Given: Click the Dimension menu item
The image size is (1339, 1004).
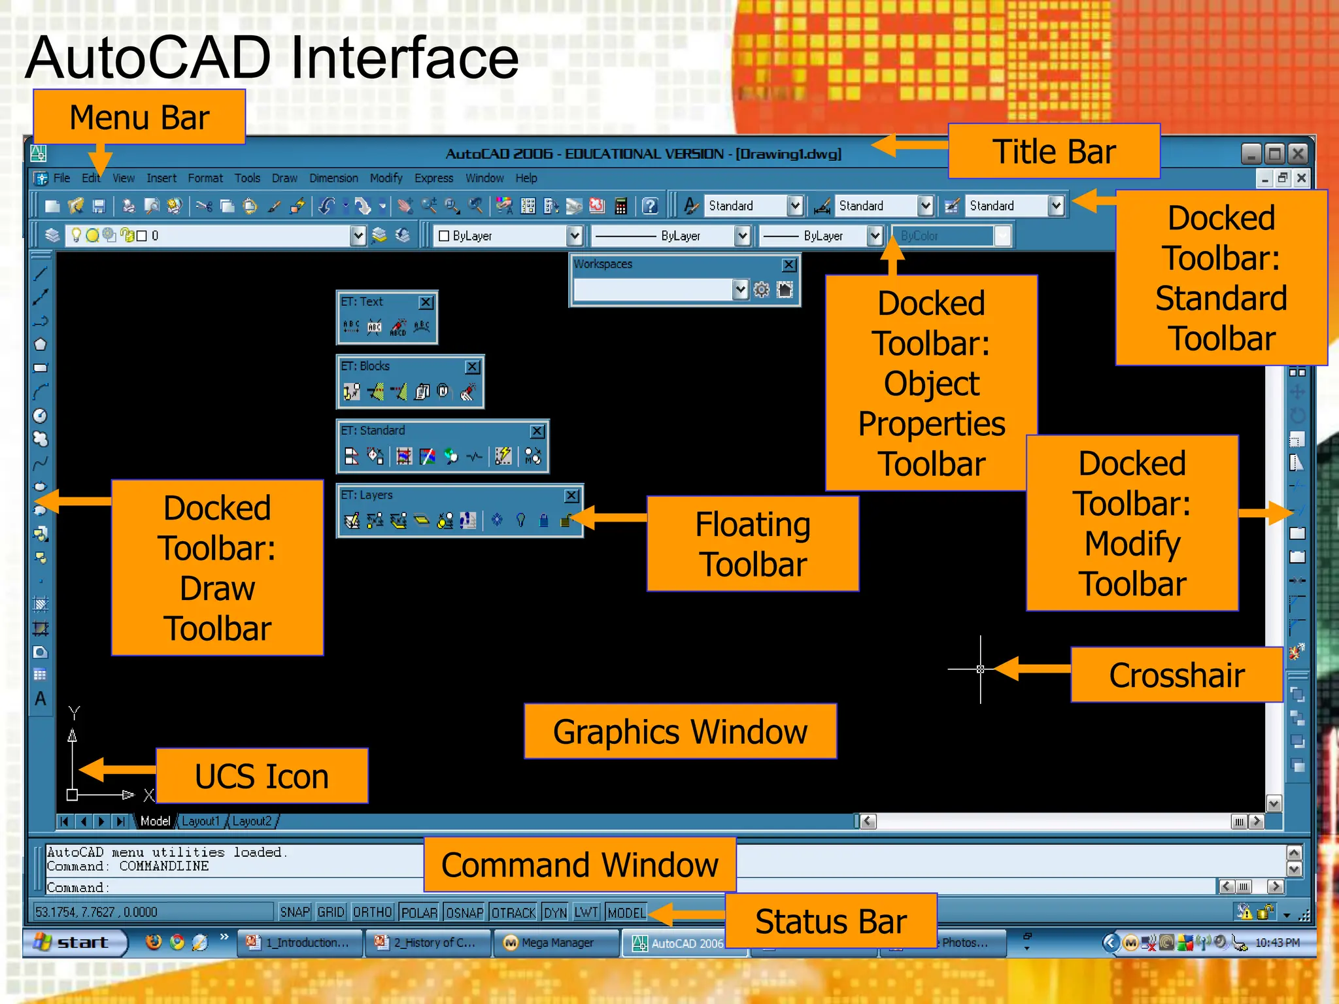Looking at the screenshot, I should coord(333,178).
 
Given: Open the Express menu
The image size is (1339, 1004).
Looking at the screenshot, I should coord(433,178).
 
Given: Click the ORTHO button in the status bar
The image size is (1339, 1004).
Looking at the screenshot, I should coord(372,912).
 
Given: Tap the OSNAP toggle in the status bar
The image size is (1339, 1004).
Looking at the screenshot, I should coord(464,912).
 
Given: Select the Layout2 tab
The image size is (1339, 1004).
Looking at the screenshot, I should coord(252,821).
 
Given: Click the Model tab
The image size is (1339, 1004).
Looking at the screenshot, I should coord(155,821).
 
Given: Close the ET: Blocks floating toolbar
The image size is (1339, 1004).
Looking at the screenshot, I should coord(472,367).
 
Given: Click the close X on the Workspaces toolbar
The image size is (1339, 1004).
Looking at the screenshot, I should coord(789,265).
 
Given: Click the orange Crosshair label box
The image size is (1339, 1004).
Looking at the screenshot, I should coord(1176,675).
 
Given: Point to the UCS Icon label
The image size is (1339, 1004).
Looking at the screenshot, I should coord(262,776).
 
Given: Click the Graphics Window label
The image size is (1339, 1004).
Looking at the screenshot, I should coord(680,731).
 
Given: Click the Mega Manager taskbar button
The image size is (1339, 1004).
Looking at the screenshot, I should coord(556,943).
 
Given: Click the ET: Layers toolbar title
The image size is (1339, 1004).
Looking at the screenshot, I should coord(367,495).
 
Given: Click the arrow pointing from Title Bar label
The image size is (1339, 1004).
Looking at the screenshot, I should coord(909,145).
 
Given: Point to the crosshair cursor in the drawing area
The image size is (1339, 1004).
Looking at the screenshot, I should coord(980,669).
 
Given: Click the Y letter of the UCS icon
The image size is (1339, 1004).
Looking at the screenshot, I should coord(74,712).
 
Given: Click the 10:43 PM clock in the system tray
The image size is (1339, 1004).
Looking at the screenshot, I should coord(1277,943).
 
